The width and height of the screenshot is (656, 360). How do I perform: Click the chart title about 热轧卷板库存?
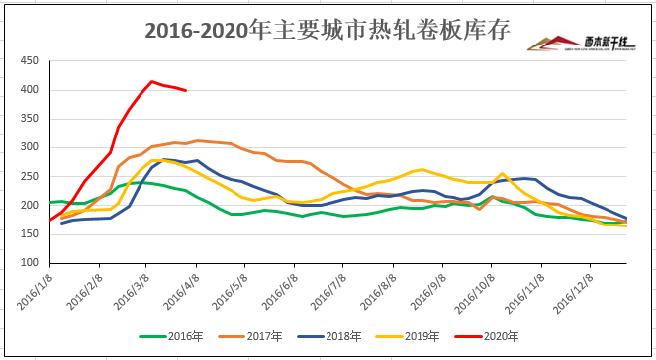(327, 31)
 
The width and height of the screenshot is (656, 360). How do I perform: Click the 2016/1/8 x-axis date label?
(34, 289)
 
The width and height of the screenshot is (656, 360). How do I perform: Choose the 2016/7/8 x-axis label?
(323, 289)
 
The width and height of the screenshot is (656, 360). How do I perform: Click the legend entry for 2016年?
(167, 336)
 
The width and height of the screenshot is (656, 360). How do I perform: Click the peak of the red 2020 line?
(151, 81)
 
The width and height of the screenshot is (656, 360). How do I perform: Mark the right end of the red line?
(186, 90)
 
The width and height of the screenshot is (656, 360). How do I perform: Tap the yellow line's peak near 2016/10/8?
(503, 173)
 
